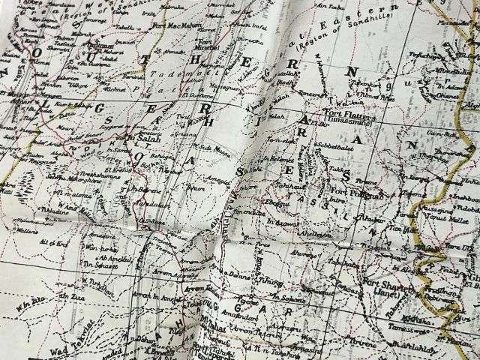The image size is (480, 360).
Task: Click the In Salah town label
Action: [143, 139]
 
